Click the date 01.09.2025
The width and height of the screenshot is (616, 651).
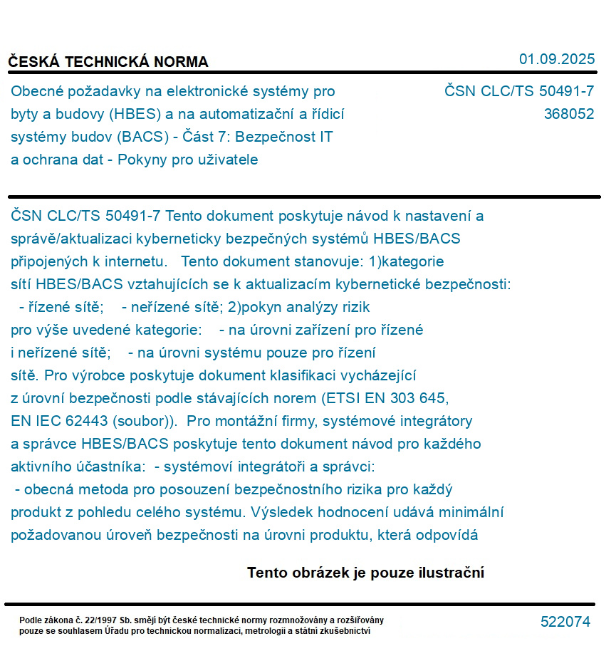[x=556, y=59]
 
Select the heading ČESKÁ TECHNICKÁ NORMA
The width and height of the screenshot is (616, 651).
[x=108, y=62]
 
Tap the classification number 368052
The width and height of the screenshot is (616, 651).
[x=568, y=114]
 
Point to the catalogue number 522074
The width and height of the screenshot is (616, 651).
[x=565, y=622]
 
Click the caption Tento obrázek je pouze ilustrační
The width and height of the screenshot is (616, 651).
[x=365, y=573]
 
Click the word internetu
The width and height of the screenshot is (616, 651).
[x=131, y=261]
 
